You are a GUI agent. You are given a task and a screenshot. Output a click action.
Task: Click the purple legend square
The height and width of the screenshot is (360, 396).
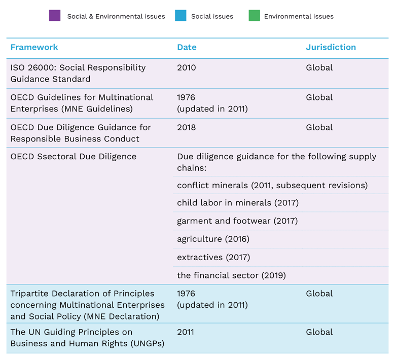55,16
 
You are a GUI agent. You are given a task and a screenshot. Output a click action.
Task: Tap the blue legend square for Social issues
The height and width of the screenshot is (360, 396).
181,16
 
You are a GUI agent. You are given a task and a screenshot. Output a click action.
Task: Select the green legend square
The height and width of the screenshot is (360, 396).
254,16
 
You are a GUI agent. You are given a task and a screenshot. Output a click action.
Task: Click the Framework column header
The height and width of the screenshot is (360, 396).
34,47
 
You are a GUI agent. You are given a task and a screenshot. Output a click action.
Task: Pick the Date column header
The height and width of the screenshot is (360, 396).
187,47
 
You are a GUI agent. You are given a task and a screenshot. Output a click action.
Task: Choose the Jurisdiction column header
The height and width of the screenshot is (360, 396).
331,47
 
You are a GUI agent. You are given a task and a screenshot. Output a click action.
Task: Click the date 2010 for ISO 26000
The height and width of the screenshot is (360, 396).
186,67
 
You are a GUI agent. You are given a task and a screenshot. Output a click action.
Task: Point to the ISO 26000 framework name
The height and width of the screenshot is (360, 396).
78,73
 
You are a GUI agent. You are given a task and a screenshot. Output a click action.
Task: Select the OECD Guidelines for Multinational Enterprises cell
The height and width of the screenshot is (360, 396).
82,103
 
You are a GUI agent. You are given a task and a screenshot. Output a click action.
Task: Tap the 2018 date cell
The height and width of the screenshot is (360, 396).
186,127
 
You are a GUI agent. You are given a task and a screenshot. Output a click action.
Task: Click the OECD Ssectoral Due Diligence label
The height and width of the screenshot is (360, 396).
73,156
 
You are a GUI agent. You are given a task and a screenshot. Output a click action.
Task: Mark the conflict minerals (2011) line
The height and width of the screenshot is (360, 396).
272,185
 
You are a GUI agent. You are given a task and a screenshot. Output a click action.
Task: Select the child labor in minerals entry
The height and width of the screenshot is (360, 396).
237,203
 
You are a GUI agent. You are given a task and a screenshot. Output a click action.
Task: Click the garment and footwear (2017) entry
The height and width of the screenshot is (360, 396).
237,221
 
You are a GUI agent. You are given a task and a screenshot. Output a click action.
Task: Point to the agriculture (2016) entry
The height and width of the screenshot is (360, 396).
213,239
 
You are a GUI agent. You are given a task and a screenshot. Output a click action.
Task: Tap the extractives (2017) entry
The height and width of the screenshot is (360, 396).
213,257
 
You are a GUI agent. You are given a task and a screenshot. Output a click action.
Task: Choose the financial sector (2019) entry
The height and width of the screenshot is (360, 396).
231,275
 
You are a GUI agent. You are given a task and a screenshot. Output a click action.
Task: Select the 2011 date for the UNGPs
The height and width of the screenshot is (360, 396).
186,332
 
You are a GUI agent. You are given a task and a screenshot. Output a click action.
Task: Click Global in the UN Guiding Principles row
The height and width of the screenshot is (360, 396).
319,332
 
